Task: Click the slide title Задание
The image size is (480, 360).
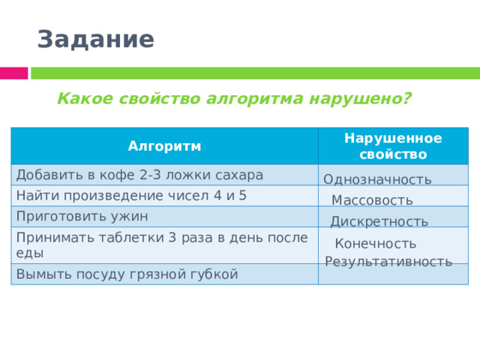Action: point(95,39)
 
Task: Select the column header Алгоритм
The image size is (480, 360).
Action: point(164,145)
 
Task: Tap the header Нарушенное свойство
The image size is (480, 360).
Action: point(392,146)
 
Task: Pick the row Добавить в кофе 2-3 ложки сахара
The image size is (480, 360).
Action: point(139,175)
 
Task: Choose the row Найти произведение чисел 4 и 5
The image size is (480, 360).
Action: point(131,195)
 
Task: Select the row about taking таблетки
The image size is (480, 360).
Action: point(162,244)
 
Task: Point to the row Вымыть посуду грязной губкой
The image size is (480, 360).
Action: point(127,274)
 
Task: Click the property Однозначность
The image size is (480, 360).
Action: point(377,179)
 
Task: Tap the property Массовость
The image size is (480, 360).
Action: point(372,200)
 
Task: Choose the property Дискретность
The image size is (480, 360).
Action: point(379,221)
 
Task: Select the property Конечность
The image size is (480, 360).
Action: point(376,244)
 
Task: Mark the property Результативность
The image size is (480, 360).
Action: point(388,261)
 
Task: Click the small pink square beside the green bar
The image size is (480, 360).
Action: point(13,73)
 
